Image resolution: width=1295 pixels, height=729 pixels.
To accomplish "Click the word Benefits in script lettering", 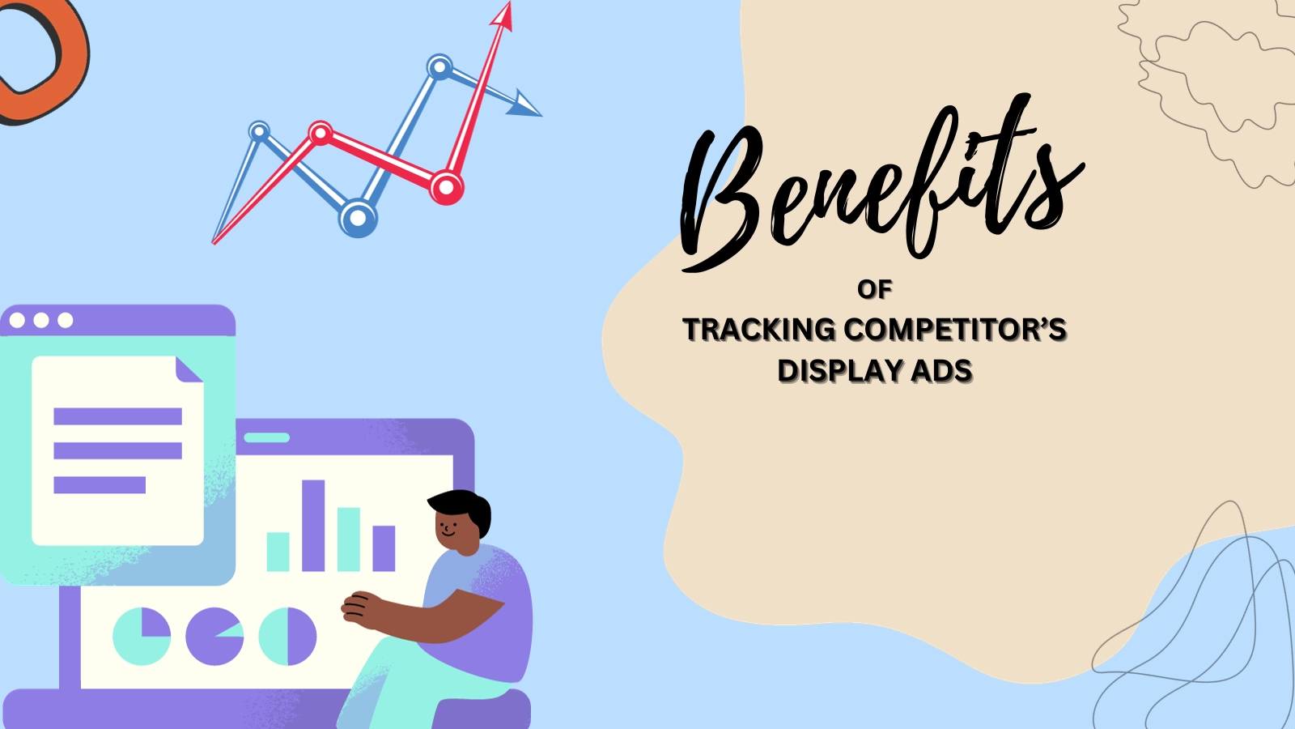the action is pyautogui.click(x=881, y=182).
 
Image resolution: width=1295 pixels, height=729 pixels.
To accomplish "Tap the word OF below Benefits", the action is pyautogui.click(x=875, y=290).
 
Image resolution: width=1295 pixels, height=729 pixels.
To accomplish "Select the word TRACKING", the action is pyautogui.click(x=759, y=330).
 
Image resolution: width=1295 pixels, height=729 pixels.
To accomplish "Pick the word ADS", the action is pyautogui.click(x=941, y=371).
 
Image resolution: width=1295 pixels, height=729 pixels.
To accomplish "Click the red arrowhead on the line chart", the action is pyautogui.click(x=503, y=15).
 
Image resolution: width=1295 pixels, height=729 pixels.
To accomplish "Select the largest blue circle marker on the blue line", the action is pyautogui.click(x=358, y=218).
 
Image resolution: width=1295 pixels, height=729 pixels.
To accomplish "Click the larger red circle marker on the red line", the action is pyautogui.click(x=446, y=187).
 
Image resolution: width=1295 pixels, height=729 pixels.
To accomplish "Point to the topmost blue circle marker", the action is pyautogui.click(x=440, y=68).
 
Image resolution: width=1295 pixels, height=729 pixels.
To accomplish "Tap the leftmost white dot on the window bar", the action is pyautogui.click(x=17, y=320).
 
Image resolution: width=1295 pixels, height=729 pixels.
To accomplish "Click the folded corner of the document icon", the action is pyautogui.click(x=188, y=369).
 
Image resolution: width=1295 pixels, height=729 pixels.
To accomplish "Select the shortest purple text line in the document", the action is pyautogui.click(x=100, y=485).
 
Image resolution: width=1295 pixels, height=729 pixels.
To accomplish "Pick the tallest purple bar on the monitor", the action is pyautogui.click(x=312, y=526).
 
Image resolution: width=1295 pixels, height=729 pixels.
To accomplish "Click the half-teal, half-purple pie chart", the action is pyautogui.click(x=287, y=637).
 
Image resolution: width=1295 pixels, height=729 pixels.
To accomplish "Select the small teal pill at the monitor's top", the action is pyautogui.click(x=266, y=437).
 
